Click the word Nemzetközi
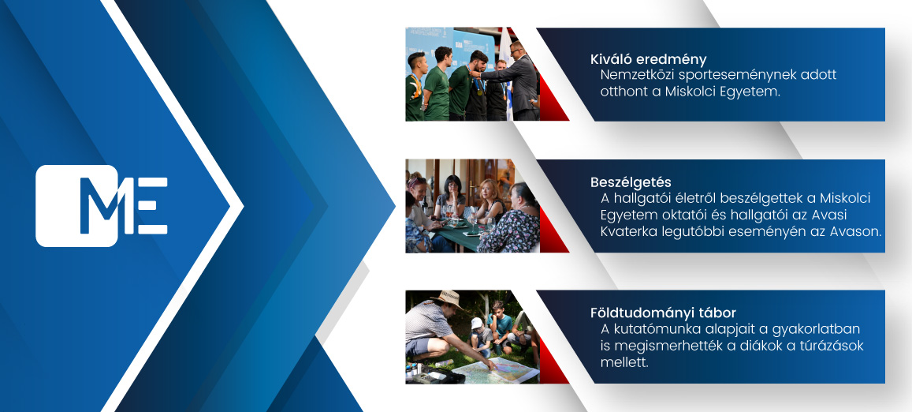click(x=636, y=75)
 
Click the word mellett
click(x=624, y=362)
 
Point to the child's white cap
click(x=477, y=323)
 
